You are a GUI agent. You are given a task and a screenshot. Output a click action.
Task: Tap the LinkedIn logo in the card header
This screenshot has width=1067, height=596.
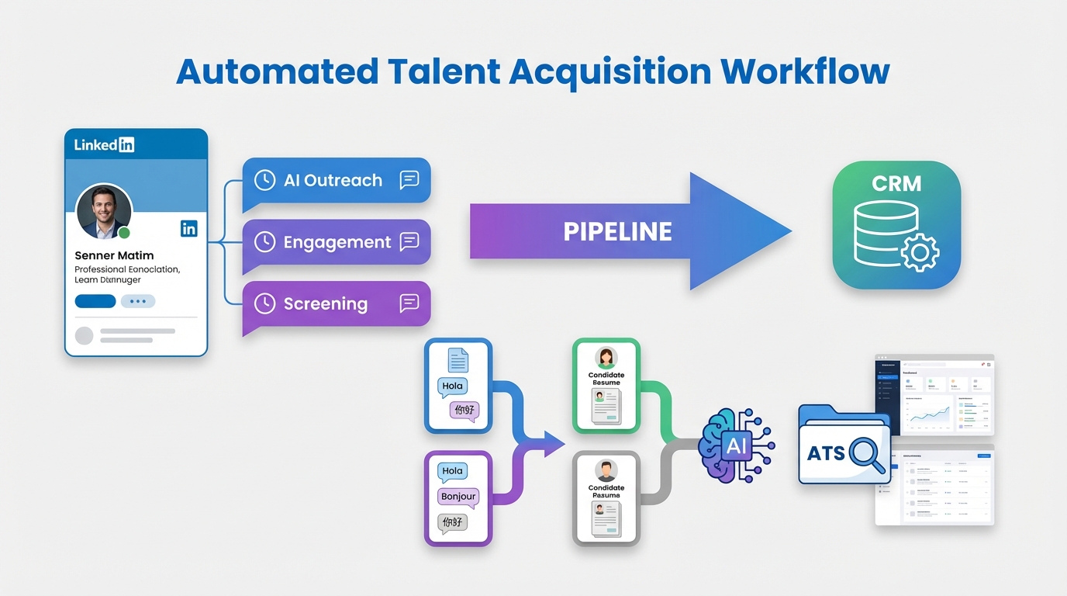pyautogui.click(x=105, y=144)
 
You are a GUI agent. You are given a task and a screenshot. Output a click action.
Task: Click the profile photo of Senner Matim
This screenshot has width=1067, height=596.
pyautogui.click(x=104, y=211)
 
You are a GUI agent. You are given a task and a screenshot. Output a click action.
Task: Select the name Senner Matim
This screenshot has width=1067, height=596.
pyautogui.click(x=114, y=255)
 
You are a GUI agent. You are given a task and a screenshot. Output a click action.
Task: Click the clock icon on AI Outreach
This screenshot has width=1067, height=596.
pyautogui.click(x=264, y=180)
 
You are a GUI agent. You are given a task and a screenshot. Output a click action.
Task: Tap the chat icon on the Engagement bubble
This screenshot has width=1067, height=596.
pyautogui.click(x=409, y=242)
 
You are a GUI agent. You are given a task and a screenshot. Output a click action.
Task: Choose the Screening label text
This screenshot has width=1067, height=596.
pyautogui.click(x=325, y=303)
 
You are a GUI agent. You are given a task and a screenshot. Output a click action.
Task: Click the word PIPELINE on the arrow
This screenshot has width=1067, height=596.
pyautogui.click(x=617, y=231)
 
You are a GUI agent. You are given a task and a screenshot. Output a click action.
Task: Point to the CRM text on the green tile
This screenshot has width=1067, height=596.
pyautogui.click(x=896, y=184)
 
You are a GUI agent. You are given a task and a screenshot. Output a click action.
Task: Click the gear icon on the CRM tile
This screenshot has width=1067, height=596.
pyautogui.click(x=920, y=251)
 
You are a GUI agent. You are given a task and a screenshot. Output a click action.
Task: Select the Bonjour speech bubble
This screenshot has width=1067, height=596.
pyautogui.click(x=458, y=497)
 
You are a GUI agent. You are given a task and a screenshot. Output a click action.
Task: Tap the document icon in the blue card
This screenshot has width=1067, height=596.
pyautogui.click(x=458, y=360)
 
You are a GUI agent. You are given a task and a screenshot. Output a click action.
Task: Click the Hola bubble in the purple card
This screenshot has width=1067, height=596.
pyautogui.click(x=452, y=471)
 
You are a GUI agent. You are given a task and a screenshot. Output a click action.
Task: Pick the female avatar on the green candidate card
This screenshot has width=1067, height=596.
pyautogui.click(x=606, y=358)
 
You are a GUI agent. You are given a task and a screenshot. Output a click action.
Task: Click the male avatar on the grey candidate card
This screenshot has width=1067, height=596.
pyautogui.click(x=606, y=470)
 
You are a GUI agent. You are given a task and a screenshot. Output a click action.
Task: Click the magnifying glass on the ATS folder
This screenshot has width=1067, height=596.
pyautogui.click(x=866, y=455)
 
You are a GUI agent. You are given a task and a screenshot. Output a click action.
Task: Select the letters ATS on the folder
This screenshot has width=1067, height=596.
pyautogui.click(x=826, y=453)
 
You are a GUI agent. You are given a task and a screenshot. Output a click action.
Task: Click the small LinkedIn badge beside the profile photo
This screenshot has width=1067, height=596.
pyautogui.click(x=188, y=228)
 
